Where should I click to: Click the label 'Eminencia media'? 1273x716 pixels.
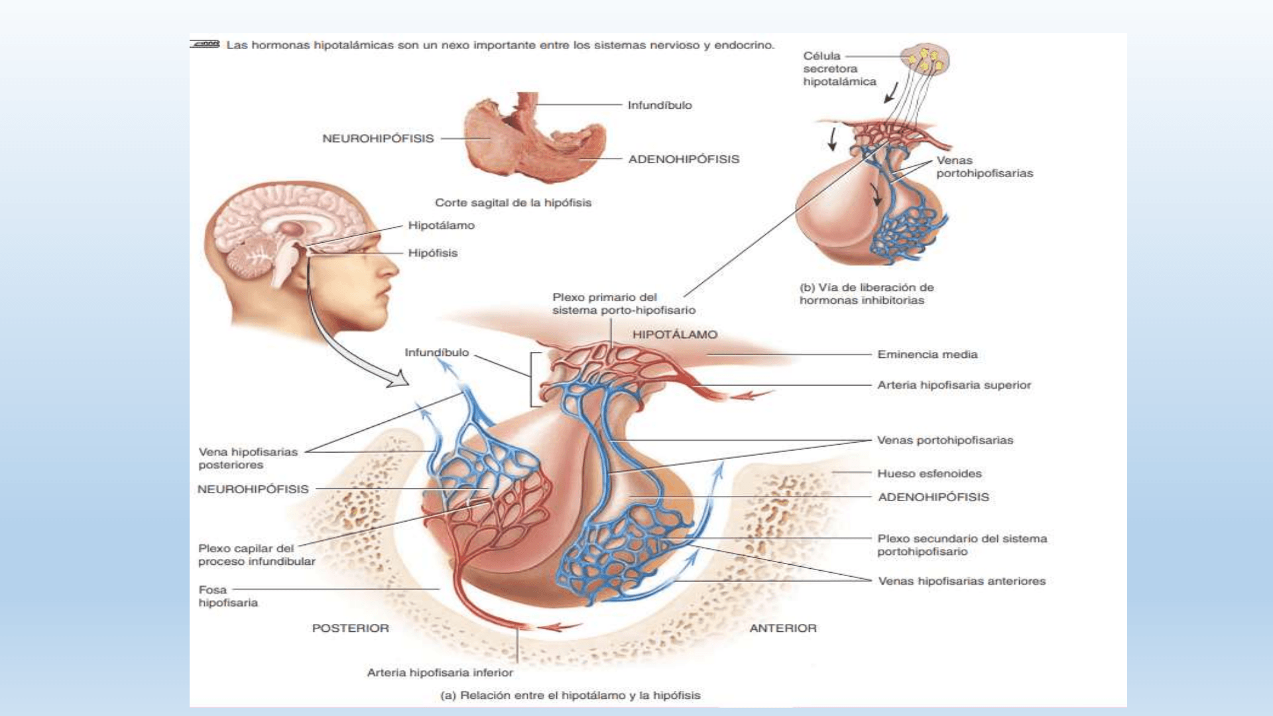point(927,355)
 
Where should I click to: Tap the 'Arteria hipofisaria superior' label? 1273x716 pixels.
point(953,385)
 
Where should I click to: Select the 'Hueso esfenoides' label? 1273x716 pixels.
point(929,473)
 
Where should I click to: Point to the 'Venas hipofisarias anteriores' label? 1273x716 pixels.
point(961,581)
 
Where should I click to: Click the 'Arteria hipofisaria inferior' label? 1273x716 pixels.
point(440,673)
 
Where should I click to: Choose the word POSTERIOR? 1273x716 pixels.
point(350,628)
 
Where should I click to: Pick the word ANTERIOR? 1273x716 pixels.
point(782,628)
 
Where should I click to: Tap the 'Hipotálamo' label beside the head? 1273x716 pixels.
point(441,225)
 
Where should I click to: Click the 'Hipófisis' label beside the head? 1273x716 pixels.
point(432,253)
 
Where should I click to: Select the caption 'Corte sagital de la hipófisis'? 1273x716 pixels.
point(513,203)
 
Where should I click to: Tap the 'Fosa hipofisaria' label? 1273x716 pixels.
point(227,596)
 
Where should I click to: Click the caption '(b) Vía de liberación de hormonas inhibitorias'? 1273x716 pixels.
point(865,294)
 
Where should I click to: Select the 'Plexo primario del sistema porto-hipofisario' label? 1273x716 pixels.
point(623,304)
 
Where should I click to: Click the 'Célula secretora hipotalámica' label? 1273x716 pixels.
point(839,69)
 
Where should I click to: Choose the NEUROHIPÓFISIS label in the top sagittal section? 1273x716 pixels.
point(377,139)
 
